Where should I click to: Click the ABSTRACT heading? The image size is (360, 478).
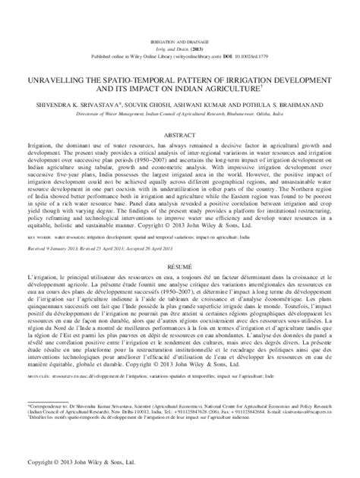[179, 132]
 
